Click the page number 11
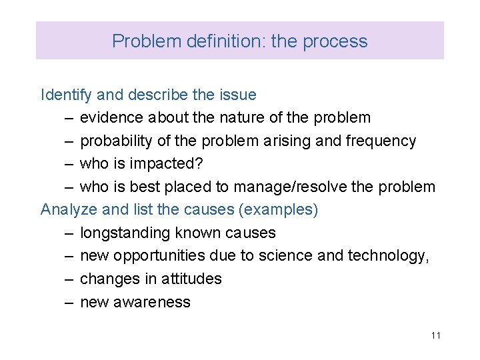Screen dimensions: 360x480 tap(435, 335)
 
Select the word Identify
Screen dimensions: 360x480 tap(67, 95)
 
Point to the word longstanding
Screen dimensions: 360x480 tap(125, 233)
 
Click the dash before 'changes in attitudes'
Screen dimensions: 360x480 tap(69, 279)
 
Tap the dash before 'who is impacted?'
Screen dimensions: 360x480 tap(69, 164)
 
